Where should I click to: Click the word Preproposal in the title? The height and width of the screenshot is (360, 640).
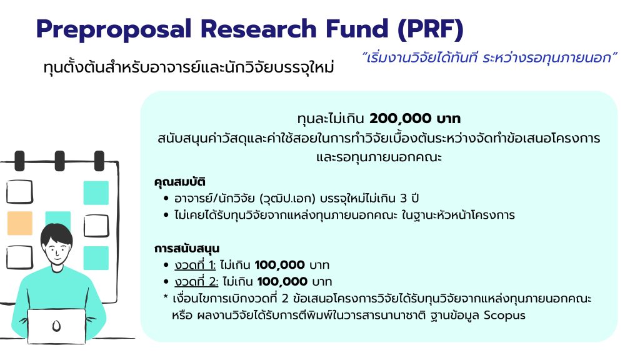[x=114, y=30]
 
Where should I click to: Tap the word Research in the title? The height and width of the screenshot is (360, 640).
[x=258, y=29]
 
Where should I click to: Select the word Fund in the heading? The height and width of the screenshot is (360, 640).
[x=357, y=29]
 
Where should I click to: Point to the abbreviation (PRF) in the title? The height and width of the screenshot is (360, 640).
[x=431, y=30]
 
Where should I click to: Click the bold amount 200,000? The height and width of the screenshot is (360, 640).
[x=401, y=119]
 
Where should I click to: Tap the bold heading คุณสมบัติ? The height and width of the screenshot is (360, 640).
[x=179, y=182]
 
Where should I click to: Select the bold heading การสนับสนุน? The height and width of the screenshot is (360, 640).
[x=186, y=249]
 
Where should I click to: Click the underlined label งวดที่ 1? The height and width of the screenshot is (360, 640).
[x=194, y=265]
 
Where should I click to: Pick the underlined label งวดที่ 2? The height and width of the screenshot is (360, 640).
[x=196, y=282]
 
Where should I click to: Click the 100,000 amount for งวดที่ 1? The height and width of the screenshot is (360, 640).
[x=279, y=265]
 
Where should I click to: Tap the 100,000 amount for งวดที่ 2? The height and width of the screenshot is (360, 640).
[x=282, y=282]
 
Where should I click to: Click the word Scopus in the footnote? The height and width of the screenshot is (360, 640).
[x=504, y=316]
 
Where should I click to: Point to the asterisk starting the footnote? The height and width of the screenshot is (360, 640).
[x=165, y=296]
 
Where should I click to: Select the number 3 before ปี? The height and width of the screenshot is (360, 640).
[x=403, y=198]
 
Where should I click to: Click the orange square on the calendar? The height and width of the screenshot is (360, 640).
[x=19, y=223]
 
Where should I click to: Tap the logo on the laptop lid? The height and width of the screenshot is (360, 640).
[x=56, y=326]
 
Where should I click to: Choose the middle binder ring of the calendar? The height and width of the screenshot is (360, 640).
[x=59, y=161]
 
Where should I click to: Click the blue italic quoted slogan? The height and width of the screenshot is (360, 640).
[x=489, y=57]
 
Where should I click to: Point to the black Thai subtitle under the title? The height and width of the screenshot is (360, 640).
[x=189, y=67]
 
